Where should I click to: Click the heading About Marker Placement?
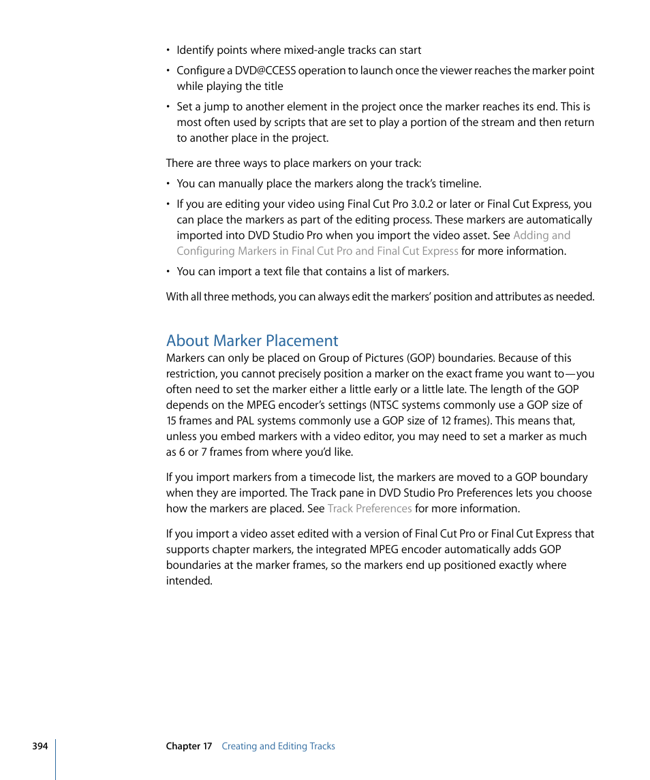(252, 341)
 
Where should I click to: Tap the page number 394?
(40, 746)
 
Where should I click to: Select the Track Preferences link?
(369, 509)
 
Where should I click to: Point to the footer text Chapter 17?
(189, 746)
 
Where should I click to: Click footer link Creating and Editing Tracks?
(278, 746)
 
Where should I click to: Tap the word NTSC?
(384, 405)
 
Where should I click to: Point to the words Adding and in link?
(542, 236)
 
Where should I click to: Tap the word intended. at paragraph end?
(189, 581)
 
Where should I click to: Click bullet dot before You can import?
(168, 272)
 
